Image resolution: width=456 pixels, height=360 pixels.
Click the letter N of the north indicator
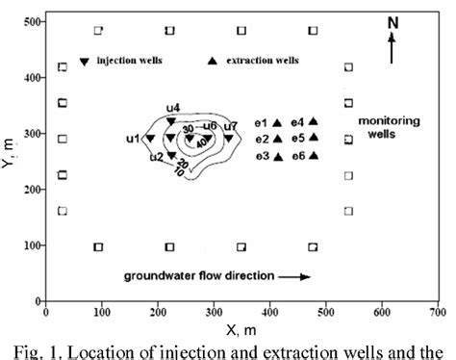392,22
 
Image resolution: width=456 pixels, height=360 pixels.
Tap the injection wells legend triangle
85,62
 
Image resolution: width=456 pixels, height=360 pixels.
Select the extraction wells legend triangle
213,62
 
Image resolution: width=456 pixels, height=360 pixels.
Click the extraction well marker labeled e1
277,123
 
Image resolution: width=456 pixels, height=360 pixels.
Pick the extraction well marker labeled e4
313,121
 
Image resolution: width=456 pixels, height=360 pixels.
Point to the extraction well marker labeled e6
313,155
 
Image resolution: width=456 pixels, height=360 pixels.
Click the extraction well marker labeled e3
277,156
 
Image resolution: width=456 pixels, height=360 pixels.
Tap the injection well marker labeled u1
149,139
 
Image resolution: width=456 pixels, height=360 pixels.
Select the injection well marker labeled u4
171,121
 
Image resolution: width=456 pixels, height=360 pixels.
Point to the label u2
156,157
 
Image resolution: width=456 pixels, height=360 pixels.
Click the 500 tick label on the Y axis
30,21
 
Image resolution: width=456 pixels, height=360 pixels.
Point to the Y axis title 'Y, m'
10,159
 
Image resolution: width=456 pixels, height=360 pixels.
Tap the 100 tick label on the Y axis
30,245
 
